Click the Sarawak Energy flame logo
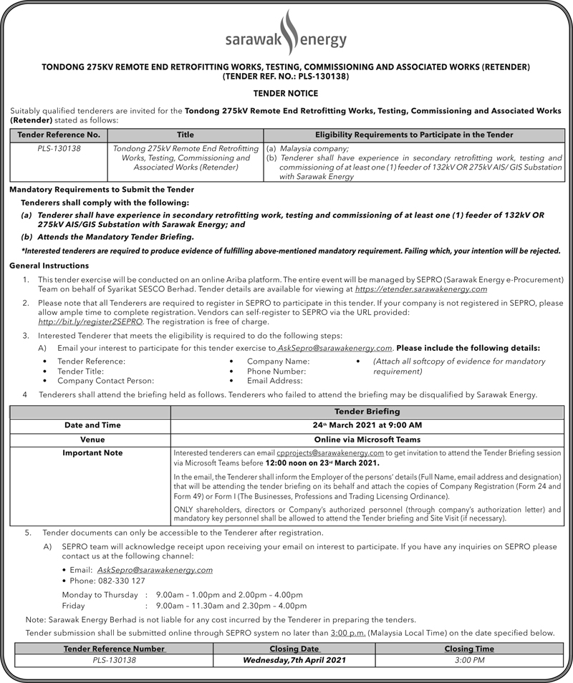[286, 32]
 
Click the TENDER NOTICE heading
[286, 93]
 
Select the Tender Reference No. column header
[59, 135]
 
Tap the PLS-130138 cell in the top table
[59, 148]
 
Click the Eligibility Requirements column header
[414, 135]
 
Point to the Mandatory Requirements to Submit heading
[102, 190]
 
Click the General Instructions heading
[49, 266]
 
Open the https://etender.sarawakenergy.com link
[421, 289]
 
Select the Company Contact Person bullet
[105, 381]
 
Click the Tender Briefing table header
[367, 412]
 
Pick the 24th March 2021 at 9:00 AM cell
[367, 425]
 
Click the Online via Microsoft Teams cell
[367, 439]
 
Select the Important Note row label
[92, 452]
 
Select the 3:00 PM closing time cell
[469, 660]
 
